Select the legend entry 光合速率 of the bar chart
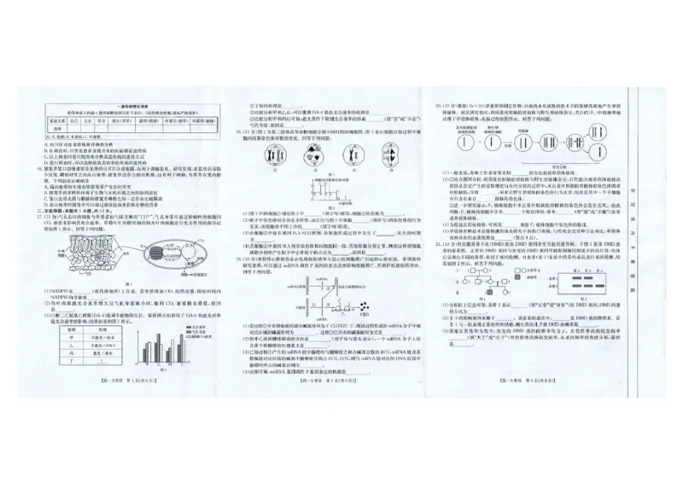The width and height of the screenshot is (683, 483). tap(206, 319)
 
